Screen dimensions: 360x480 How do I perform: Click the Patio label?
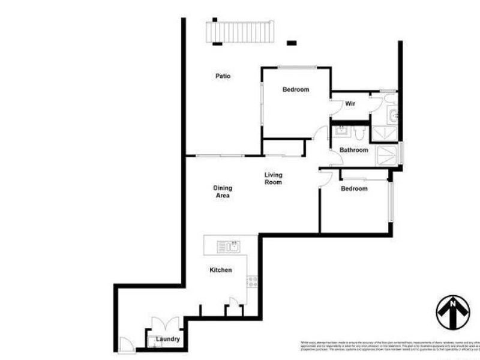click(223, 76)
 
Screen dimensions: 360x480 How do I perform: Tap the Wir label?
click(350, 104)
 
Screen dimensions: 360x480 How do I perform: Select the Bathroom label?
click(353, 150)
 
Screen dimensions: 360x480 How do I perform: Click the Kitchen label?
click(220, 270)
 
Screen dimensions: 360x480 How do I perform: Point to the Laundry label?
click(167, 339)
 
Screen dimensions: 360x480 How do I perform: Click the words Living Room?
click(273, 179)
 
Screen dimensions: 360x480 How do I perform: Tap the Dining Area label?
click(222, 191)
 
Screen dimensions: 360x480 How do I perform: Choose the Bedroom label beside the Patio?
click(296, 89)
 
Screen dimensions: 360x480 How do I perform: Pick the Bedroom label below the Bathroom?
click(354, 188)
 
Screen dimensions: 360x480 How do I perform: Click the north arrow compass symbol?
click(452, 311)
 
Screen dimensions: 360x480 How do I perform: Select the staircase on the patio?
click(241, 32)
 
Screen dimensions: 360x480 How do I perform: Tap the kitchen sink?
click(229, 246)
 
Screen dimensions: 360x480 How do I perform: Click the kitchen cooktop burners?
click(253, 280)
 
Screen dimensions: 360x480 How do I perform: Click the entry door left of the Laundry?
click(126, 344)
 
